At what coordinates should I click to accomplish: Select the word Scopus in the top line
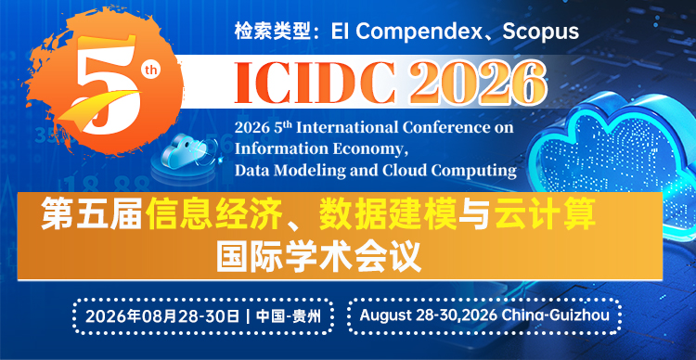(x=540, y=31)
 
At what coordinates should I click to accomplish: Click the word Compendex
(x=424, y=31)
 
